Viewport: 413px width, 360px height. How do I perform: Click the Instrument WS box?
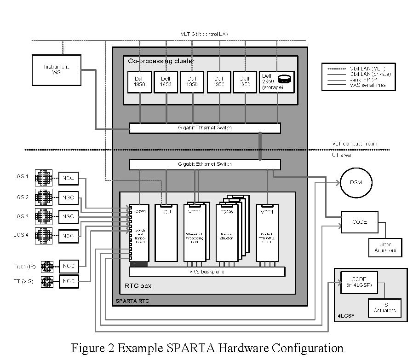coord(57,70)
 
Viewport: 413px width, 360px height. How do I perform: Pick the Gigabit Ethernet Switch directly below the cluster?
coord(205,128)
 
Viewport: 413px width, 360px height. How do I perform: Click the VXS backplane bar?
coord(207,272)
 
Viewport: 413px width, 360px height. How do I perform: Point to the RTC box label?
coord(138,286)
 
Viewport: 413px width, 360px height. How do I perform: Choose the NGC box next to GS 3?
coord(68,216)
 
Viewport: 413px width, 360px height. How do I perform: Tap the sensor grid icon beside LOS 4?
coord(46,235)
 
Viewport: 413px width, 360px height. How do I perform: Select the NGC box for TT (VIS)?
coord(68,280)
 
